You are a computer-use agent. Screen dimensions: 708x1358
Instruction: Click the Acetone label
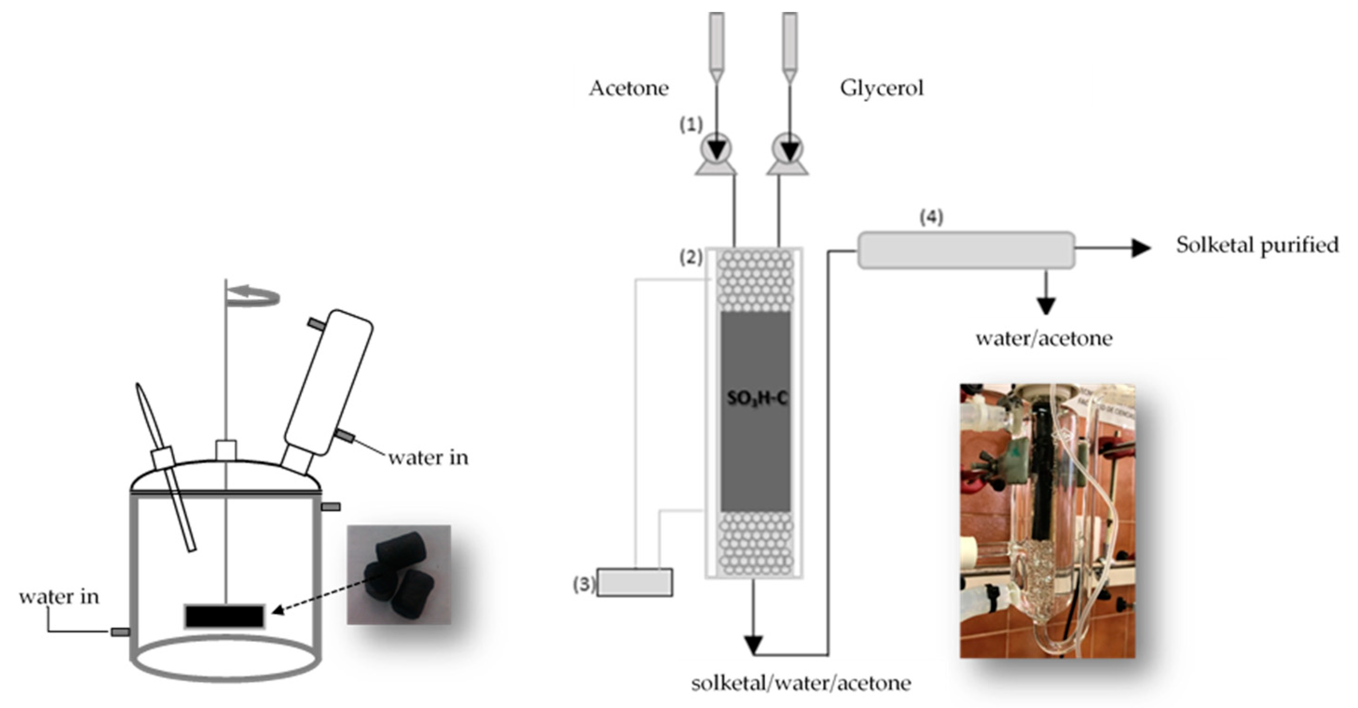[628, 88]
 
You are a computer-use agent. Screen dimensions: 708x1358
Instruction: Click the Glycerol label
[882, 88]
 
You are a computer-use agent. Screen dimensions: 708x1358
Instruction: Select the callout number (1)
[690, 125]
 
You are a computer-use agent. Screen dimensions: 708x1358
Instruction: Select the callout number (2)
[690, 257]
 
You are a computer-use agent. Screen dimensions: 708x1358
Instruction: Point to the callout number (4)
[931, 217]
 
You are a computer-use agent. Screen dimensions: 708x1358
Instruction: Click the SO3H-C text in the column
[757, 398]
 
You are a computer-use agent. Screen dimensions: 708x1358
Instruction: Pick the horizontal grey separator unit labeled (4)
[966, 250]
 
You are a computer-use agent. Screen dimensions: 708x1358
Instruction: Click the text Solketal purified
[1257, 245]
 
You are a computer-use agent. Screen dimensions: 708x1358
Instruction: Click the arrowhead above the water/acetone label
[1046, 305]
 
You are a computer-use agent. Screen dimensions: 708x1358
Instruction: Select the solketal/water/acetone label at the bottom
[801, 683]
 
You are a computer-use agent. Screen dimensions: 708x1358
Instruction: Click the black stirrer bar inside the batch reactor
[225, 616]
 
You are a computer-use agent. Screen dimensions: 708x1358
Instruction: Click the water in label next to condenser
[428, 458]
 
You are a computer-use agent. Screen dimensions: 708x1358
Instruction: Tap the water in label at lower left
[59, 597]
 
